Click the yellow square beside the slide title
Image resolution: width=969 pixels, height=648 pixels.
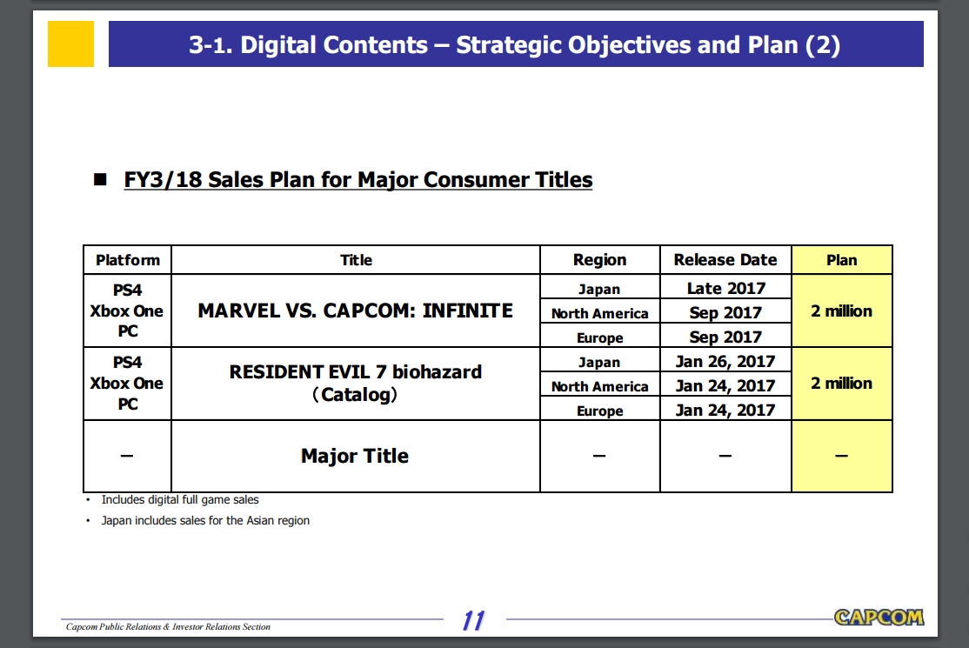pyautogui.click(x=70, y=43)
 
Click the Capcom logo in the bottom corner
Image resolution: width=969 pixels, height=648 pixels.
pyautogui.click(x=879, y=617)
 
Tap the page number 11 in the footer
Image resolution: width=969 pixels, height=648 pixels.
pyautogui.click(x=473, y=620)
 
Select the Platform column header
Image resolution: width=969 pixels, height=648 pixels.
pyautogui.click(x=127, y=260)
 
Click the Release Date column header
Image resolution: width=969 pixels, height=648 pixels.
pyautogui.click(x=725, y=260)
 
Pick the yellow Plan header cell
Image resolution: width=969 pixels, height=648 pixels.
pyautogui.click(x=842, y=260)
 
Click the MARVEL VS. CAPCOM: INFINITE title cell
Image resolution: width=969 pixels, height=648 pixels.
pyautogui.click(x=356, y=311)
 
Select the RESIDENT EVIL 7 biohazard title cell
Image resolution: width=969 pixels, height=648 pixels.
pyautogui.click(x=356, y=384)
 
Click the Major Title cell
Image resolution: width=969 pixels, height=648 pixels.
pyautogui.click(x=356, y=456)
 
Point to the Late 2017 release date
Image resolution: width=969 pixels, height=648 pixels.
pyautogui.click(x=726, y=289)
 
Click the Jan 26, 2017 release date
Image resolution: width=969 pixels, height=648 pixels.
pyautogui.click(x=725, y=361)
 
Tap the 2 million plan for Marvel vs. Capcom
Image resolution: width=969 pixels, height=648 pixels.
pyautogui.click(x=842, y=311)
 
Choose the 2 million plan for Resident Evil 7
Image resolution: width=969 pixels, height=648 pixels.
pyautogui.click(x=842, y=384)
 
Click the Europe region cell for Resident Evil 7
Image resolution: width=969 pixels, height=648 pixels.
pyautogui.click(x=600, y=411)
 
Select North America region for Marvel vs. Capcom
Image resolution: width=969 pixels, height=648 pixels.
pyautogui.click(x=600, y=313)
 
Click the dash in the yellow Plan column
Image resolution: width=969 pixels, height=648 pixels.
pyautogui.click(x=841, y=456)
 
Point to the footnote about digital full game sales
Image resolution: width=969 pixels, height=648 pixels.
pyautogui.click(x=180, y=500)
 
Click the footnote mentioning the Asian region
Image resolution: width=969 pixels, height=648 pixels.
pyautogui.click(x=205, y=521)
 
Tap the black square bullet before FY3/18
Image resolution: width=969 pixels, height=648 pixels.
pyautogui.click(x=100, y=180)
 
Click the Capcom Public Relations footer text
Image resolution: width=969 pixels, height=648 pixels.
pyautogui.click(x=168, y=626)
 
